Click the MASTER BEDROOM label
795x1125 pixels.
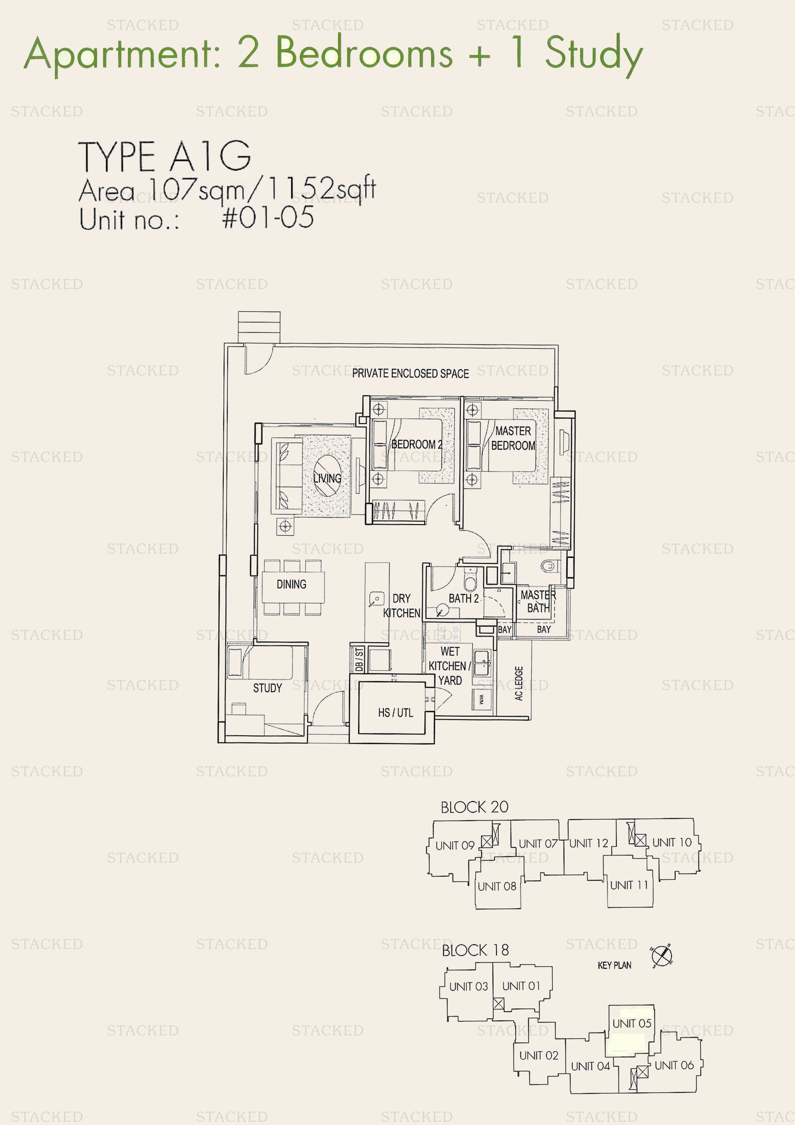[x=513, y=438]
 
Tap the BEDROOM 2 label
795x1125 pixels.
[x=416, y=444]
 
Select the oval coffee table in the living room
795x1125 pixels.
[x=327, y=476]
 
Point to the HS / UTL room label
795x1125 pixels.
[x=395, y=713]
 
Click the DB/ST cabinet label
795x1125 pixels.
[x=359, y=659]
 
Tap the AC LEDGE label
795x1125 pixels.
[x=519, y=683]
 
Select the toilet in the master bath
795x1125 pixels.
[x=548, y=566]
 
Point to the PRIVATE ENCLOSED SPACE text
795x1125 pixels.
[x=410, y=373]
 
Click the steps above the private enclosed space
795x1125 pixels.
[x=259, y=327]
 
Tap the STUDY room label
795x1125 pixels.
[x=267, y=688]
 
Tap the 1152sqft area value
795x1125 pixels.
[x=321, y=189]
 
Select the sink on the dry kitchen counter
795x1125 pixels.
[x=376, y=599]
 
